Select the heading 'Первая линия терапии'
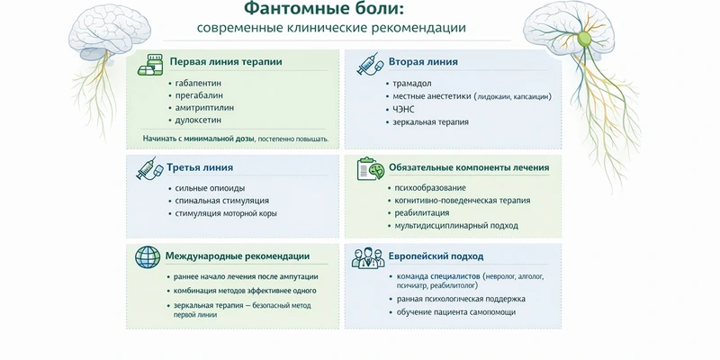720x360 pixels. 226,63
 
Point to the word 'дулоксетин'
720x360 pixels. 203,120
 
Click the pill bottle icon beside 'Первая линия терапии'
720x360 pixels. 149,65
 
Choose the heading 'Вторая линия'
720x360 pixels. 423,63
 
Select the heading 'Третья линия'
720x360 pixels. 200,167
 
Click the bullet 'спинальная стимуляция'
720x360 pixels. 222,200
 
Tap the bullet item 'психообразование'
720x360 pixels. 431,187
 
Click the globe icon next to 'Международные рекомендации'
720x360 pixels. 146,256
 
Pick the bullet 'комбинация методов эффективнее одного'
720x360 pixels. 246,291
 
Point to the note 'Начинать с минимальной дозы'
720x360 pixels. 199,139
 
